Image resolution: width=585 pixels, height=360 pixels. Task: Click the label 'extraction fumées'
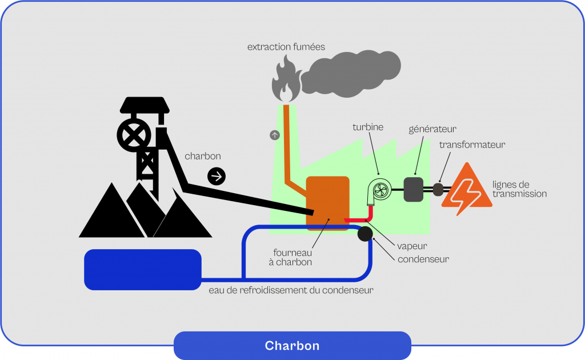point(286,47)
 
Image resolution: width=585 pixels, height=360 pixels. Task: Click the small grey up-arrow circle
point(275,135)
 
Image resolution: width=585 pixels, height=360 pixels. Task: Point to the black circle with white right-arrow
point(217,177)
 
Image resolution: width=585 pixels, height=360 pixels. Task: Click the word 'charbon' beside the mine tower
point(203,156)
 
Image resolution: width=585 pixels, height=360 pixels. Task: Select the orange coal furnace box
point(327,201)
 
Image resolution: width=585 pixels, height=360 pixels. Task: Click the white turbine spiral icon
point(379,190)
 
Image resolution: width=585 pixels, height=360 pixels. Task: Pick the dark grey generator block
point(414,189)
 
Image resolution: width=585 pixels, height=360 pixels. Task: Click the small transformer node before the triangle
point(438,189)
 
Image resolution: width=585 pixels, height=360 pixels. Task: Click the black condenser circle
point(364,234)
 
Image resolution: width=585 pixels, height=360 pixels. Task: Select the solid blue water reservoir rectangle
point(143,269)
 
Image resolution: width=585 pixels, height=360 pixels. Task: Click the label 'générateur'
point(432,129)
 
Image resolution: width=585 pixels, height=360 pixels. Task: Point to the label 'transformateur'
point(472,145)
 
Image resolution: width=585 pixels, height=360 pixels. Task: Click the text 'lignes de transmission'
point(519,189)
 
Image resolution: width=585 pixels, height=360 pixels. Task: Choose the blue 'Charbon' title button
point(292,346)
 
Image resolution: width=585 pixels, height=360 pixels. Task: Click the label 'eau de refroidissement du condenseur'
point(291,290)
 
